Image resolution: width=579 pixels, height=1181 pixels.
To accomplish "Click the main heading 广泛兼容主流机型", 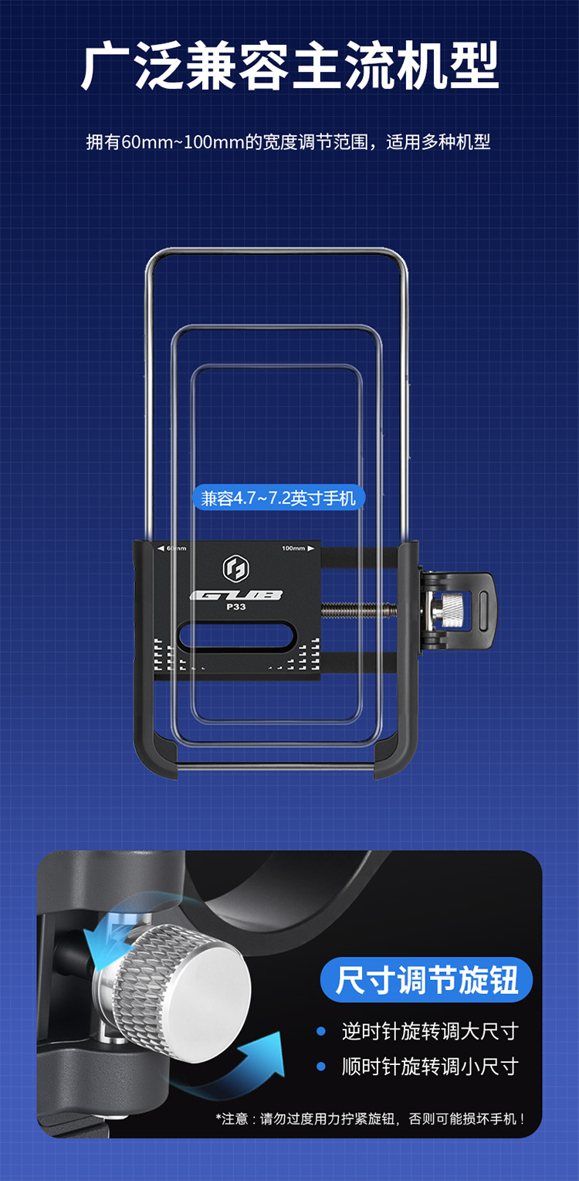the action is coord(289,66).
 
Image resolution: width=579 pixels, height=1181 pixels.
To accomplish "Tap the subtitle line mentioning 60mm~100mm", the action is coord(289,142).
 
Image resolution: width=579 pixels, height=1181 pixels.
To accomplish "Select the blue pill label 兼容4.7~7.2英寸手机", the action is coord(279,498).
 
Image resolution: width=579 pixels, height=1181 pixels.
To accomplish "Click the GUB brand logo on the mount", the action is coord(236,595).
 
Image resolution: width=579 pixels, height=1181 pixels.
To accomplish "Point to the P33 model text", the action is coord(236,607).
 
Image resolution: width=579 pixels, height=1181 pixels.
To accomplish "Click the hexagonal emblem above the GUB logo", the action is coord(236,568).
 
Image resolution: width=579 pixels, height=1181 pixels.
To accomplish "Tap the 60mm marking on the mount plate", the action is coord(172,548).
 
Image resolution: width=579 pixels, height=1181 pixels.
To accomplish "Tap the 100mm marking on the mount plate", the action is coord(298,548).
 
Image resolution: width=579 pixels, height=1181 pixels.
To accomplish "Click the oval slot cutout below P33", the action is coord(236,635).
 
